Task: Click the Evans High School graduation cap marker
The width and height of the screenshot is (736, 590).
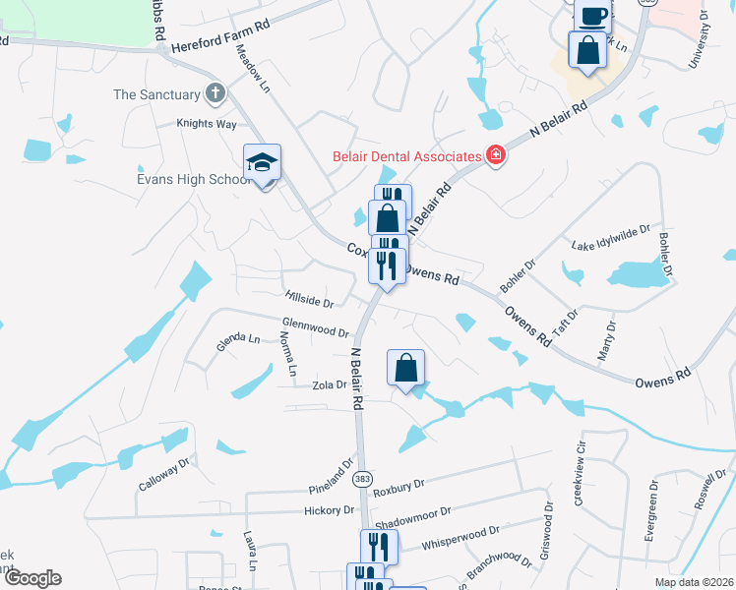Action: click(263, 162)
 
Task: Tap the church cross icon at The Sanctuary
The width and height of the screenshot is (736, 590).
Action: click(215, 94)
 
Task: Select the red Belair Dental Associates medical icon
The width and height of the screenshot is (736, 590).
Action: click(496, 154)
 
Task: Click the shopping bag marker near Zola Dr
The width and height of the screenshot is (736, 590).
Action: click(405, 368)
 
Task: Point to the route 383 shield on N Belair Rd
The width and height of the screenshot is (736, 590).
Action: click(361, 478)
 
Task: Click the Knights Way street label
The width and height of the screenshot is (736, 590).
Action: click(207, 124)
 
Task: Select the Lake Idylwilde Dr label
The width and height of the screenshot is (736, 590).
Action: click(611, 237)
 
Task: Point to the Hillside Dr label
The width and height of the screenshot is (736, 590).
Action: click(309, 297)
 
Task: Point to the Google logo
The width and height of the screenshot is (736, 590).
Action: click(31, 578)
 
